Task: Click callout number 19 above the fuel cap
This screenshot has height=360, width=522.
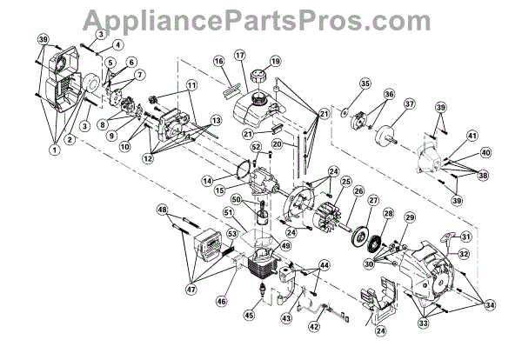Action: click(275, 62)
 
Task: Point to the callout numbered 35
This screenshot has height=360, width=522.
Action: click(365, 84)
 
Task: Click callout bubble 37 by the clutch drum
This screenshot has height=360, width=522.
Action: click(407, 103)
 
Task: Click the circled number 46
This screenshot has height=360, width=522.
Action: click(220, 301)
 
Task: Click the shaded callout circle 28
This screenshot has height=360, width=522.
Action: click(388, 214)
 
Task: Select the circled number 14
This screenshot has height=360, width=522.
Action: click(206, 180)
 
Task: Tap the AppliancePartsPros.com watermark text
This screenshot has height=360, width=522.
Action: click(261, 17)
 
